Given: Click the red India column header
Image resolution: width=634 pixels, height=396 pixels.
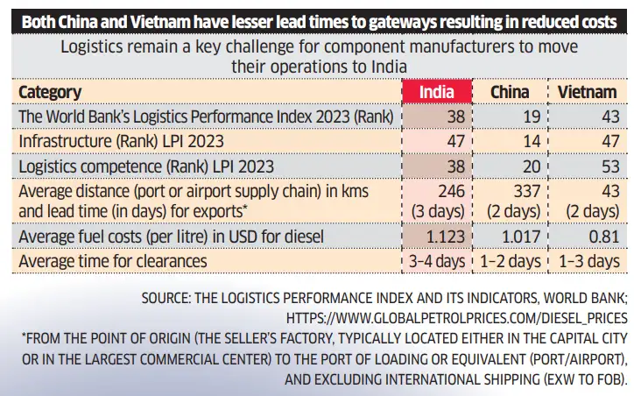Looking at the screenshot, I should (x=437, y=92).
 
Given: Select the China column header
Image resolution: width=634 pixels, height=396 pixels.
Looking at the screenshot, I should (x=509, y=92).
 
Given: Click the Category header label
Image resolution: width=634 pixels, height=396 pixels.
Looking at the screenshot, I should (x=50, y=92).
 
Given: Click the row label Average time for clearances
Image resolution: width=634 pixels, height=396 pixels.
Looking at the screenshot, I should (x=113, y=260).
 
